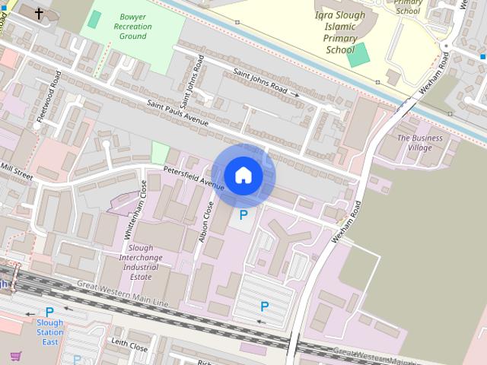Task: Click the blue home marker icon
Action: [x=243, y=176]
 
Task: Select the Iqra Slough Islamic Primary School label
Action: [x=340, y=32]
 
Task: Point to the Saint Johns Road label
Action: [x=261, y=80]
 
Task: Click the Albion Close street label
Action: [x=206, y=223]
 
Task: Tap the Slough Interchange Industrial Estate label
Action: [x=140, y=262]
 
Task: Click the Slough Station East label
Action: [x=49, y=332]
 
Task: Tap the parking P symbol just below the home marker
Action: [x=243, y=215]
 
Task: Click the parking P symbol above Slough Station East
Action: [x=49, y=312]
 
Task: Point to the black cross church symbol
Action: [x=40, y=13]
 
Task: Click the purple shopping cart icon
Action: [x=15, y=356]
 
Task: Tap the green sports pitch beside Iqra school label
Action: [x=358, y=53]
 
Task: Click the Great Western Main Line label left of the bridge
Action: [x=122, y=294]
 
